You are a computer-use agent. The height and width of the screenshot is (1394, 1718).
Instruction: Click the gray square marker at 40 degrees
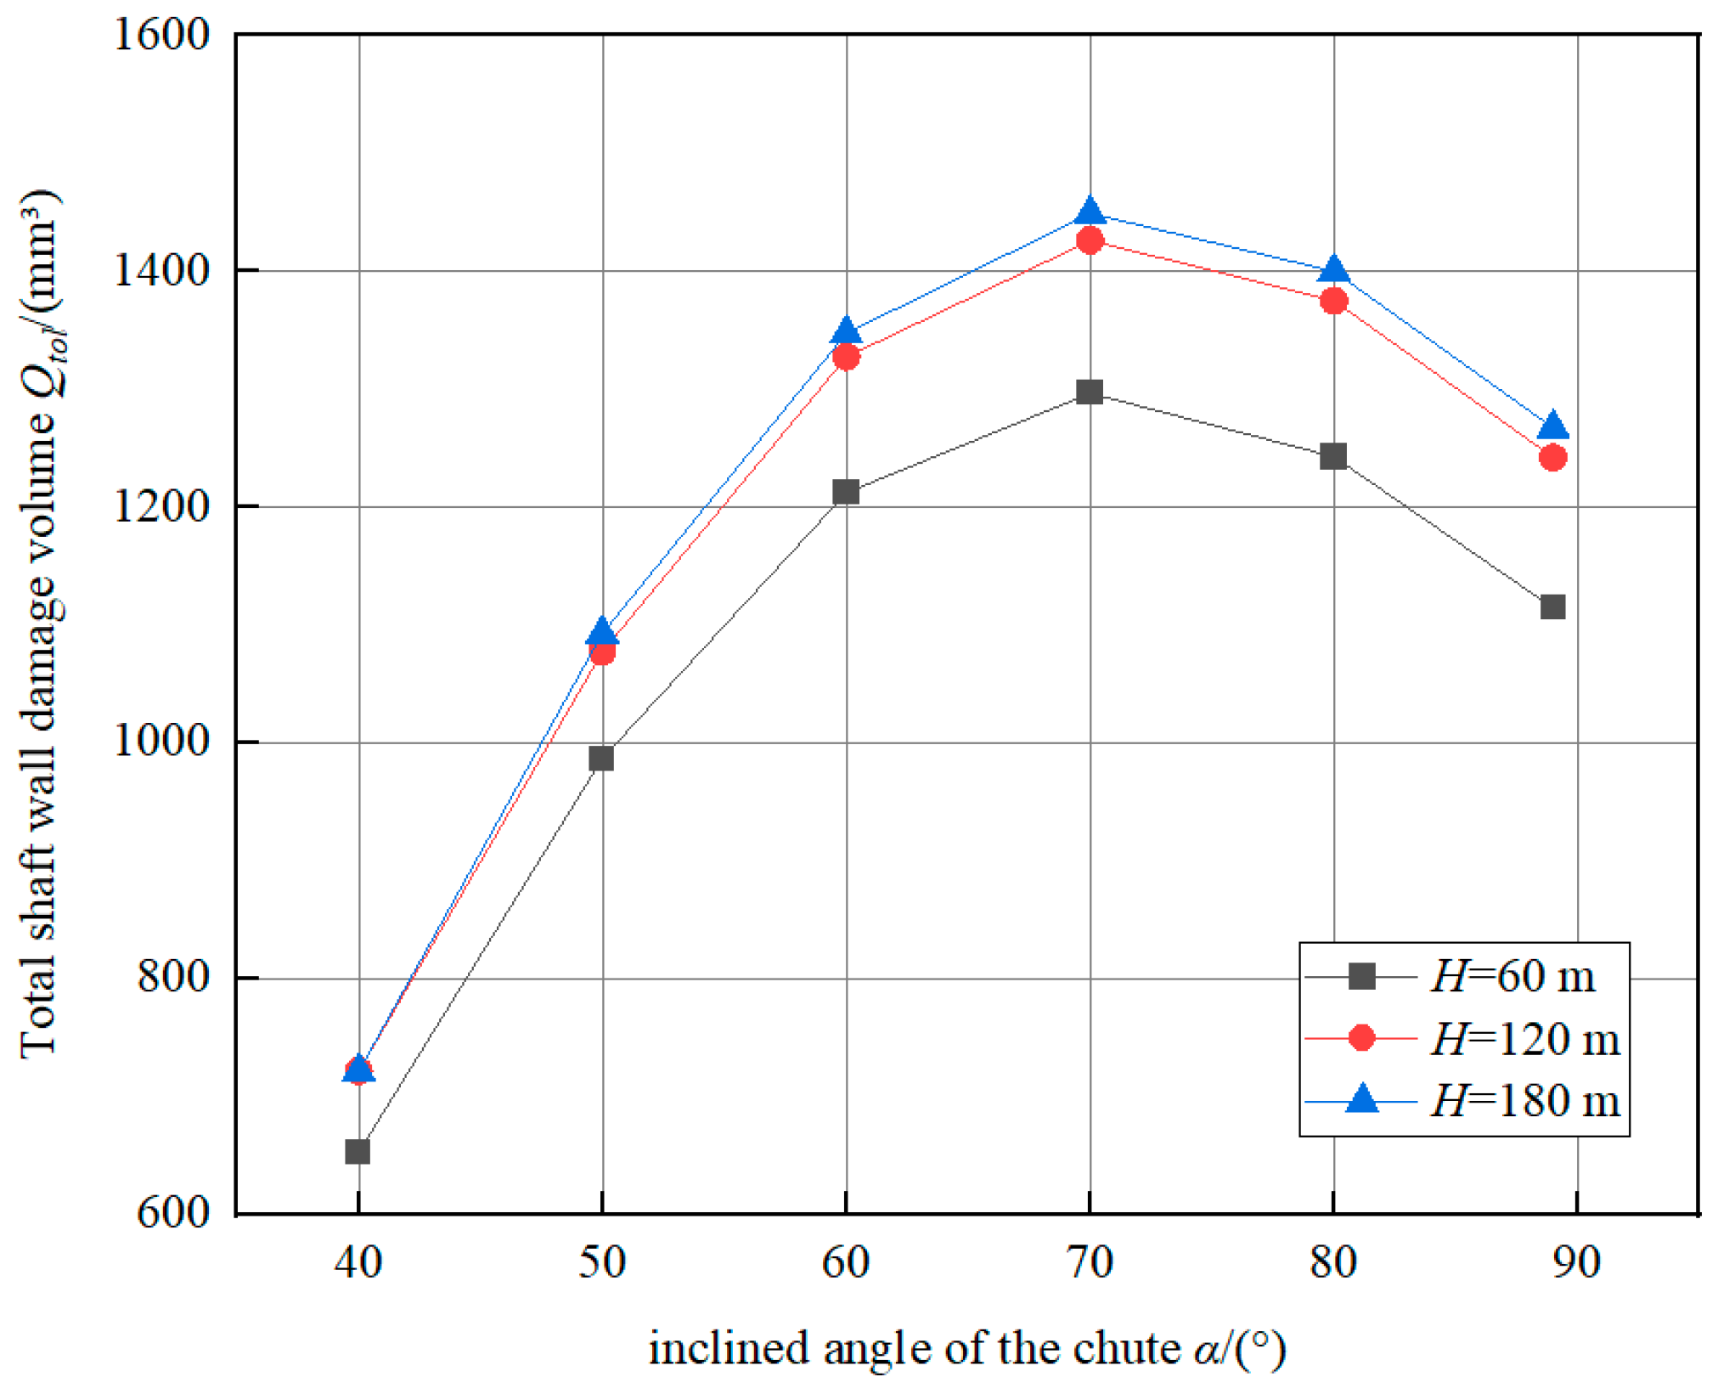coord(358,1152)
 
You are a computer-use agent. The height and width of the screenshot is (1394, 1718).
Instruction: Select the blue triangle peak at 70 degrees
coord(1090,210)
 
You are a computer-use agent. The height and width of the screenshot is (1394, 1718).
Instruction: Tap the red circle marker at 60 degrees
coord(846,357)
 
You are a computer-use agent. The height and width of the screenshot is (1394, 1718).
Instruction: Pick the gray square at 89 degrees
coord(1552,607)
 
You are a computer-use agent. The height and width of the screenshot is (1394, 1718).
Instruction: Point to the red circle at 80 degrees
coord(1333,301)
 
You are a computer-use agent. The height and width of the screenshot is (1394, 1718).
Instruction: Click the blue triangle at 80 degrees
coord(1333,269)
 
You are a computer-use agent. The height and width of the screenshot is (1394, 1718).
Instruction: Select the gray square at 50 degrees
coord(601,758)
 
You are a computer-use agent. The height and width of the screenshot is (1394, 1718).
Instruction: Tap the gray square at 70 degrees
coord(1090,392)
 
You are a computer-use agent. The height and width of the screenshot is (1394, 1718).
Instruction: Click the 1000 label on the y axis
coord(161,742)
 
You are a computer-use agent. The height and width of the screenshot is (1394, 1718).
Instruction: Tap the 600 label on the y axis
coord(173,1212)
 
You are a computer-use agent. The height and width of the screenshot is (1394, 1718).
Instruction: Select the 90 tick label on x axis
coord(1577,1262)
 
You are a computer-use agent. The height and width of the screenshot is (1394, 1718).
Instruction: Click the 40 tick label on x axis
coord(358,1262)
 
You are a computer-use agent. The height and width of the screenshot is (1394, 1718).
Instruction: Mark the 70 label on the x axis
coord(1090,1262)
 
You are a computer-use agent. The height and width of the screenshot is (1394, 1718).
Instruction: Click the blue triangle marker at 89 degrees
coord(1552,425)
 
